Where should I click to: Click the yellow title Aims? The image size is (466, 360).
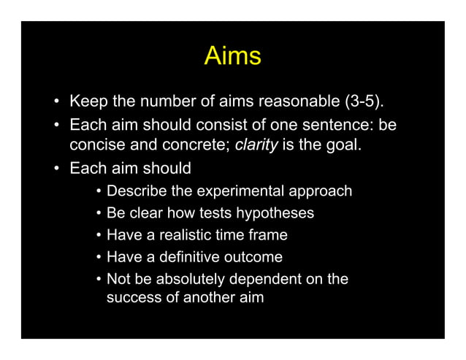click(232, 55)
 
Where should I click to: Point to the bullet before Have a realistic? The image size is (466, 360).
click(98, 236)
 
